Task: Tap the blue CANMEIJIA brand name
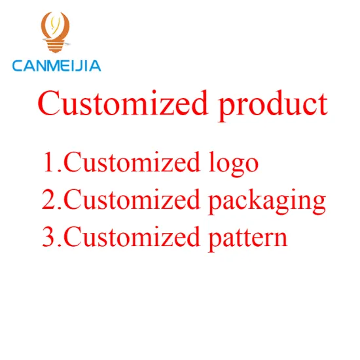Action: [56, 65]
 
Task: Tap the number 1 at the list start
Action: [49, 162]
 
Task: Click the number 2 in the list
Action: [49, 199]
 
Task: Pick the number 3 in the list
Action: [49, 236]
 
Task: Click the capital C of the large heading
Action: [49, 105]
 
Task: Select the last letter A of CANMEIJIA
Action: [95, 65]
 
